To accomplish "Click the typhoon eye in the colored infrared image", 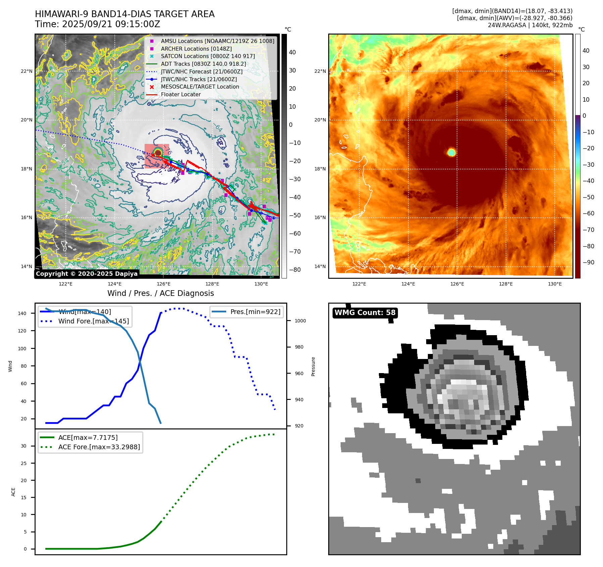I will tap(451, 152).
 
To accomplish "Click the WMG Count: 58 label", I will tap(365, 313).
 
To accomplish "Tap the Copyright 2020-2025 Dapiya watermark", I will tap(87, 274).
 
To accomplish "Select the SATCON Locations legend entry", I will tap(208, 56).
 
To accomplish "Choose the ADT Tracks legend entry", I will tap(203, 64).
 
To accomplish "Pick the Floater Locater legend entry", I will tap(181, 94).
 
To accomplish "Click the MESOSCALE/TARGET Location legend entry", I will tap(200, 87).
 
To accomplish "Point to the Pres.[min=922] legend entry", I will tap(255, 312).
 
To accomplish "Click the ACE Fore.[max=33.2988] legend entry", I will tap(99, 447).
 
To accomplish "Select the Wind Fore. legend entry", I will tap(93, 321).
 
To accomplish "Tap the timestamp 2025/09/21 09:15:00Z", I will tap(111, 24).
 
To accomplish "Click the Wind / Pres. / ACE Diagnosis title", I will tap(160, 293).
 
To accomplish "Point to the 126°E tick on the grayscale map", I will tap(163, 284).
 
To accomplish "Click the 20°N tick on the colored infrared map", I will tap(320, 120).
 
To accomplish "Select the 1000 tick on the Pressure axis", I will tap(300, 321).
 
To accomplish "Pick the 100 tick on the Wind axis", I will tap(22, 349).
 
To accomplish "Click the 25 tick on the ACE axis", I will tap(23, 463).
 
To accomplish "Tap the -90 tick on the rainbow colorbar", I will tap(588, 262).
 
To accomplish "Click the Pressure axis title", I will tap(313, 366).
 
